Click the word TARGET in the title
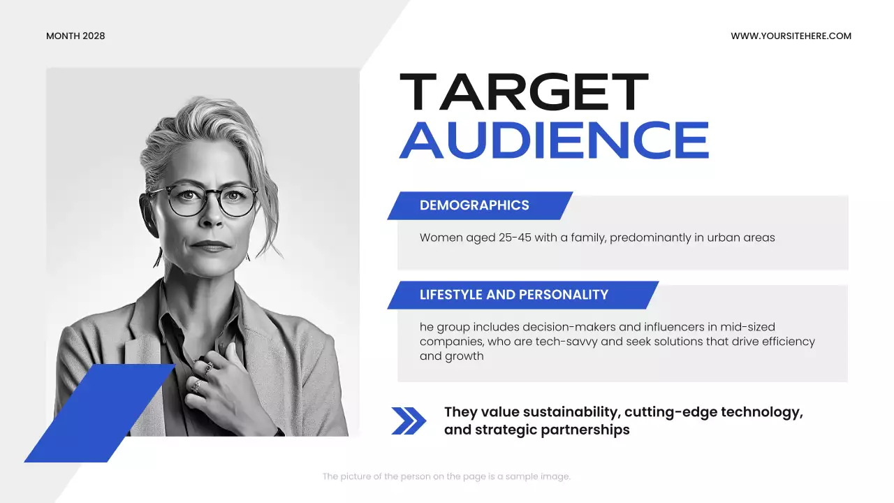[x=524, y=93]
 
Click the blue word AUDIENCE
[x=554, y=140]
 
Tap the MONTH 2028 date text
[x=75, y=36]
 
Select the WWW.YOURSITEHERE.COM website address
[x=791, y=36]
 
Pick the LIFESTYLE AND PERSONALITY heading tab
[x=514, y=295]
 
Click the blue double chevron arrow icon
[x=409, y=421]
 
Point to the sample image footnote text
[x=446, y=476]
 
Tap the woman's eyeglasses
[x=203, y=199]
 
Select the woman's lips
[x=209, y=246]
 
